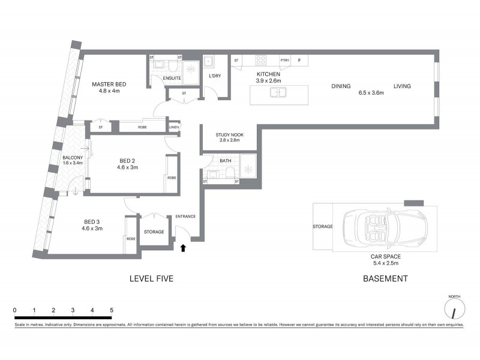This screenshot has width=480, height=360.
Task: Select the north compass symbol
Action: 454,310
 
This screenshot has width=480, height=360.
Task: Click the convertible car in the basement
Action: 385,229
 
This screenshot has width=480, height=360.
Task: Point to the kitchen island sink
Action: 277,92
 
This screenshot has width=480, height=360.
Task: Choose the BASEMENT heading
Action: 385,278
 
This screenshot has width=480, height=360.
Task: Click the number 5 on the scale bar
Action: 112,310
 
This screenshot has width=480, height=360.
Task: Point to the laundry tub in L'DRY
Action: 210,61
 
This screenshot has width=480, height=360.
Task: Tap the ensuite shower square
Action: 191,69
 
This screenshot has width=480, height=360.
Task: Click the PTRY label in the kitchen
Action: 284,61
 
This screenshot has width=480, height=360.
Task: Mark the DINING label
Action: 341,86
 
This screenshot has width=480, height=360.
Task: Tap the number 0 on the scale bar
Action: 14,310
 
